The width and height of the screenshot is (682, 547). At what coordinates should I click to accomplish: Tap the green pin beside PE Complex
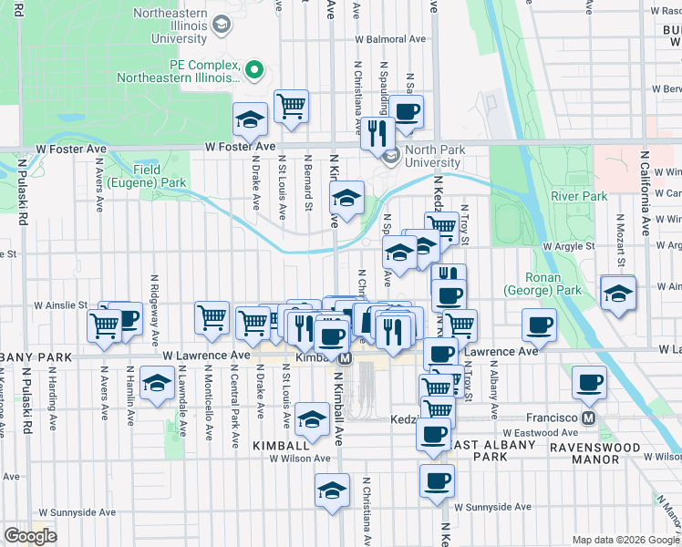click(x=256, y=67)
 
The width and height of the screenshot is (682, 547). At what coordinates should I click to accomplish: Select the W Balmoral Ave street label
click(x=391, y=40)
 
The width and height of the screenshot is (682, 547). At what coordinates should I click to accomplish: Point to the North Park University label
click(x=435, y=156)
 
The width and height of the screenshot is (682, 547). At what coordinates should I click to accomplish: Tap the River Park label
click(x=579, y=196)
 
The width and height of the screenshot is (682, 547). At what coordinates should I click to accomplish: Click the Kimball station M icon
click(x=346, y=359)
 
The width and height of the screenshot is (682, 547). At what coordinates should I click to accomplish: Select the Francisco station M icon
click(x=588, y=418)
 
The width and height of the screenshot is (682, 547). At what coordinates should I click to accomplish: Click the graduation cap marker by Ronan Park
click(x=618, y=294)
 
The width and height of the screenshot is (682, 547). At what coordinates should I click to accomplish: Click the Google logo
click(x=30, y=535)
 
